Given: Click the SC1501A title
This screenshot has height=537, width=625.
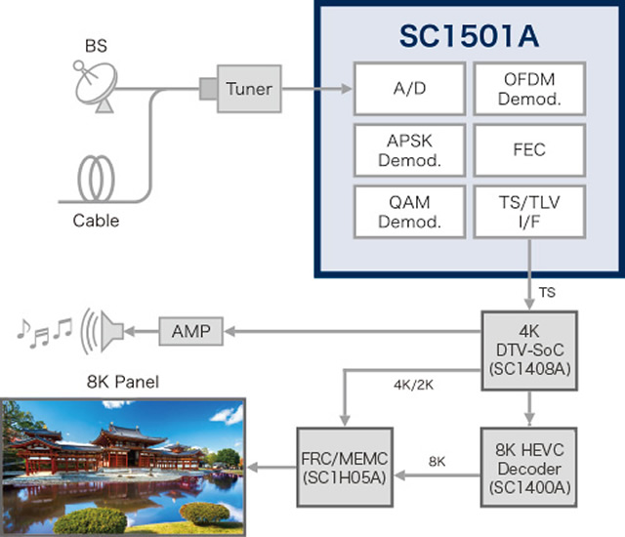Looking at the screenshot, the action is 469,36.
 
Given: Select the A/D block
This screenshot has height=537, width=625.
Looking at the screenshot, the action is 410,89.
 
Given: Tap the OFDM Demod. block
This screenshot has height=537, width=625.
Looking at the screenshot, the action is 529,89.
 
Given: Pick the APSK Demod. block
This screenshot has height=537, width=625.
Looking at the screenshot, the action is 410,150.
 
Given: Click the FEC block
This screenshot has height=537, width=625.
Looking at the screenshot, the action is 529,150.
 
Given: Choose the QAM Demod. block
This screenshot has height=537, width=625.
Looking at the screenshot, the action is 410,212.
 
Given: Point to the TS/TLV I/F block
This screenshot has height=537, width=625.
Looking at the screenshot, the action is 529,212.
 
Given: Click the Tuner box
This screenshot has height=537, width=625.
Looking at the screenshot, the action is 249,89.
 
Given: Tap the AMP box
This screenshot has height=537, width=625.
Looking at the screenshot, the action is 191,331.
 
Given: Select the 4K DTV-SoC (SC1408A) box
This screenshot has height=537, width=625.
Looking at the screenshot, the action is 529,351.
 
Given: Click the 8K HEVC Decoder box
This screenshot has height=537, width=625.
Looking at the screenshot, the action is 529,468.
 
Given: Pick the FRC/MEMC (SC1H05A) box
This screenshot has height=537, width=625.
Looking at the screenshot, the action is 345,468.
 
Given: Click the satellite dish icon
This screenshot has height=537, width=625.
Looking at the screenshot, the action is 96,86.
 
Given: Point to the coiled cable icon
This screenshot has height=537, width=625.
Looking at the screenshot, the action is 96,179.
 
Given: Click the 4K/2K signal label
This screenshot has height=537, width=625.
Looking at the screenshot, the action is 413,385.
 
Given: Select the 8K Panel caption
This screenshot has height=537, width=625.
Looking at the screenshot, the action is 123,382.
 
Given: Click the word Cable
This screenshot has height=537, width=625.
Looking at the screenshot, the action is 96,221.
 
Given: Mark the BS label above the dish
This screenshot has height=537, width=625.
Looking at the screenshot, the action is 96,46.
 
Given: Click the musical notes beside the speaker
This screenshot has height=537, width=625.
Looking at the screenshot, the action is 45,333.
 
